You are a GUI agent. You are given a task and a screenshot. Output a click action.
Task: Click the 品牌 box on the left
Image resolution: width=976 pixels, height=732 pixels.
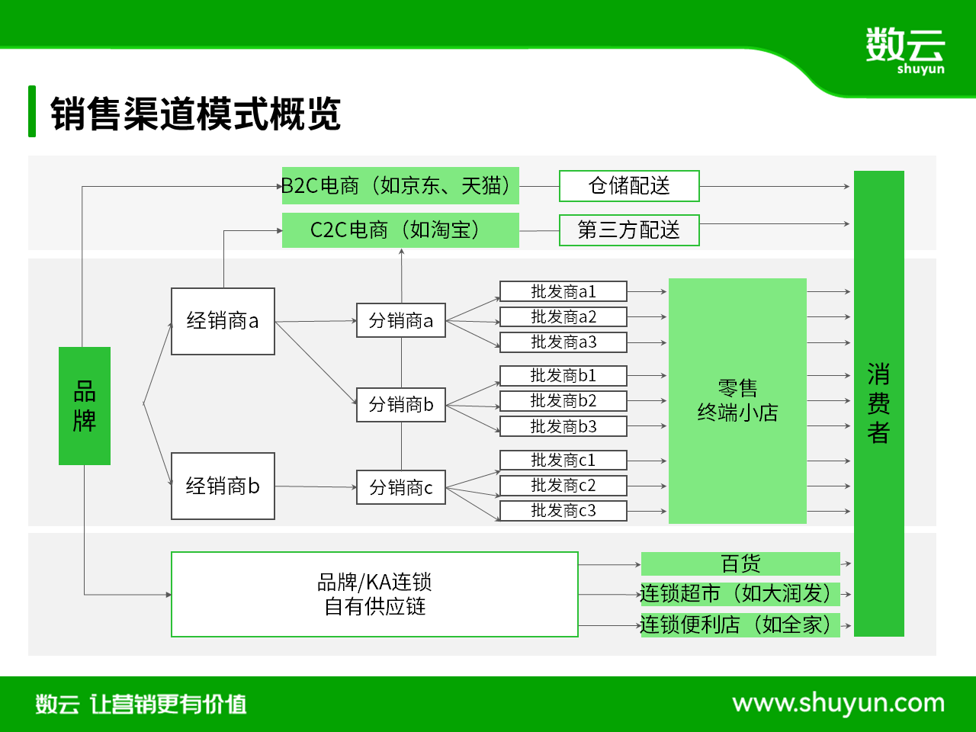click(85, 406)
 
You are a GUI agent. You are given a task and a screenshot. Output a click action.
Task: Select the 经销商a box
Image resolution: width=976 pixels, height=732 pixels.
click(223, 321)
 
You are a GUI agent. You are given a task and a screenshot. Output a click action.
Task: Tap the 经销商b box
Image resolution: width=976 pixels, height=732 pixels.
click(223, 486)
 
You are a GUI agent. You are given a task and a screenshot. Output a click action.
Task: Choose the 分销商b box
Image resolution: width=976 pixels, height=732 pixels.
click(401, 404)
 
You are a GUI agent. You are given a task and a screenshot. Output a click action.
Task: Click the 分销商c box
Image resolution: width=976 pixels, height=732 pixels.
click(401, 487)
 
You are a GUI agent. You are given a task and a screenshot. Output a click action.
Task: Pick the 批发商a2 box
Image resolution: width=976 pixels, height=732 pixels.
click(563, 317)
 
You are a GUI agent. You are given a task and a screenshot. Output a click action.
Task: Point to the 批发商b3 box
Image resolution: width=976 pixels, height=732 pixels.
click(563, 426)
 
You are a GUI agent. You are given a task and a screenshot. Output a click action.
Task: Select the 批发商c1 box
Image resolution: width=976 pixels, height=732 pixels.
click(563, 460)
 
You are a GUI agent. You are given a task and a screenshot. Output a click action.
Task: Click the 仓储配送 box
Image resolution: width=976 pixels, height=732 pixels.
click(629, 186)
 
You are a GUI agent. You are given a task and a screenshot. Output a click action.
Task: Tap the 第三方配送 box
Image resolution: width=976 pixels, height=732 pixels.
click(629, 230)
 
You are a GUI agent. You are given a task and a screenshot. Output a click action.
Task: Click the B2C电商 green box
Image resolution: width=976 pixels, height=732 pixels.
click(400, 186)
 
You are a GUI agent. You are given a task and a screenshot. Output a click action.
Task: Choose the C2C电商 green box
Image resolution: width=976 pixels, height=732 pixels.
click(400, 230)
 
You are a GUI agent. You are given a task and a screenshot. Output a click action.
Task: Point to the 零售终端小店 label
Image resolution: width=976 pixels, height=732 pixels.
click(737, 400)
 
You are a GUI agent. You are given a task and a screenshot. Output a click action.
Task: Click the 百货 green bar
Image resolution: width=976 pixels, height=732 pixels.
click(740, 563)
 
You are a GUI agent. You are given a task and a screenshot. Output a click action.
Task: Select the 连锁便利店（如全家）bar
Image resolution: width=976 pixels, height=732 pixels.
click(740, 625)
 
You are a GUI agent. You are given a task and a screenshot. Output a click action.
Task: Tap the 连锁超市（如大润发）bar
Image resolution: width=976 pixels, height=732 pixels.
click(740, 594)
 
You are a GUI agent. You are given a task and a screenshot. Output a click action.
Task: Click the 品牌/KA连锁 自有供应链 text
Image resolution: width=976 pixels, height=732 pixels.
click(374, 594)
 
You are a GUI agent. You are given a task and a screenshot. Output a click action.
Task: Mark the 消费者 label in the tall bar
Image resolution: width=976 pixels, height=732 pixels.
click(878, 403)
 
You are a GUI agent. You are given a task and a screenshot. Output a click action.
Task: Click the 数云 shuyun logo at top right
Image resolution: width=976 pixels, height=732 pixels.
click(905, 50)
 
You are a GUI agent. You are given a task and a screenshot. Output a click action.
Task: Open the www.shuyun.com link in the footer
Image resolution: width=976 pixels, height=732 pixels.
click(838, 704)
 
